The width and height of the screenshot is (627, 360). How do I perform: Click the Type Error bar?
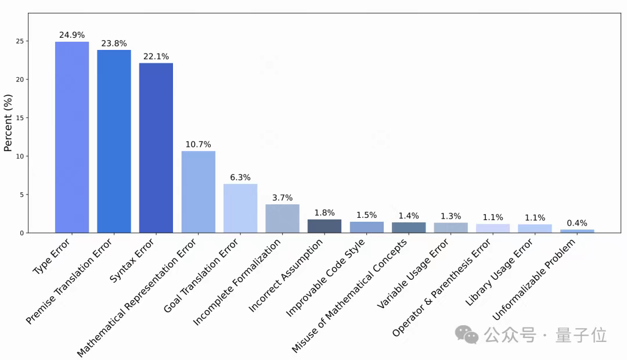coord(72,137)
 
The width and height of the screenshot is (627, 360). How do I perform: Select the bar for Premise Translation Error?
coord(114,141)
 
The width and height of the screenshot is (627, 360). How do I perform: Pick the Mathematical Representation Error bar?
coord(198,192)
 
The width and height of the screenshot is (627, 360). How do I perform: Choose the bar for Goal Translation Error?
coord(240,208)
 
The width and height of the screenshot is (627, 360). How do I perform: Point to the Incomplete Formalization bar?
coord(282,218)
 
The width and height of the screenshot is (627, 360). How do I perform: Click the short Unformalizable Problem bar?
coord(577,231)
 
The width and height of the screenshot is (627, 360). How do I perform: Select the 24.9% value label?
coord(72,35)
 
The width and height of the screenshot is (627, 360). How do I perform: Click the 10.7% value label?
coord(198,144)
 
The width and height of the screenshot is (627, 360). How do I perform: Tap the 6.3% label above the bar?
coord(240,177)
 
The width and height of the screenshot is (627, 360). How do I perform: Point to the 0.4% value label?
coord(577,223)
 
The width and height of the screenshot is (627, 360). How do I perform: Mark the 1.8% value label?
coord(325,213)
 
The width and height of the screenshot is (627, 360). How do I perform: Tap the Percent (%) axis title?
coord(8,124)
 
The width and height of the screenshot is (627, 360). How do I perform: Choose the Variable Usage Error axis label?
coord(413,274)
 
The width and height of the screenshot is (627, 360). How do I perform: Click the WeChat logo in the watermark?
coord(467,334)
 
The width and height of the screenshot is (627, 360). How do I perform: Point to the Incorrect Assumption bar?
coord(325,226)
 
